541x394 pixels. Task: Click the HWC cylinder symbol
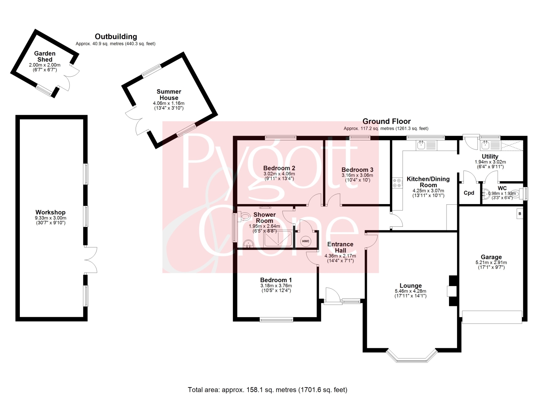pos(305,241)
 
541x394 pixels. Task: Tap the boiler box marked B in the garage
pos(520,214)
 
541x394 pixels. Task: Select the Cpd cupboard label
pos(469,193)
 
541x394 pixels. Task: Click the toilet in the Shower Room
pos(244,216)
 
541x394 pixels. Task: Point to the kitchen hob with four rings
pos(397,183)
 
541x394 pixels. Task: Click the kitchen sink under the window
pos(427,145)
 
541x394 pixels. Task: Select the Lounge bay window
pos(412,357)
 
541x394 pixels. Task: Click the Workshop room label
pos(50,212)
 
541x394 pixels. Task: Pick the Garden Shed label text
pos(45,56)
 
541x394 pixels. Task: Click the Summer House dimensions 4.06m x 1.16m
pos(168,103)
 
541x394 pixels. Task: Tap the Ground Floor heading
pos(386,121)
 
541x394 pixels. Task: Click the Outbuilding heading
pos(116,36)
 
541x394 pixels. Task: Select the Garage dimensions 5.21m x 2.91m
pos(491,263)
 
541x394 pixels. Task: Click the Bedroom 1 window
pos(276,320)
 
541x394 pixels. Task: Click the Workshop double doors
pos(91,260)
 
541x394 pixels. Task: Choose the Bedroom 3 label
pos(357,170)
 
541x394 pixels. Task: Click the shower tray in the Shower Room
pos(278,239)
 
